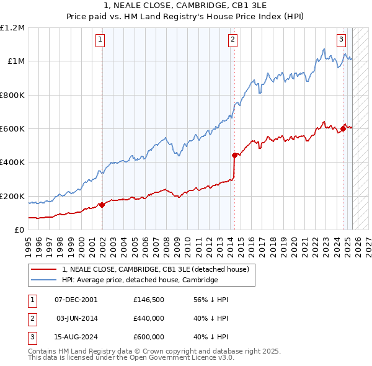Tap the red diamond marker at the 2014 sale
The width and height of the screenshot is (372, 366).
point(234,155)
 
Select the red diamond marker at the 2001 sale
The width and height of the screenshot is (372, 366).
point(102,205)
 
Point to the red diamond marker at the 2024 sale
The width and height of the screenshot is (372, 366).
point(343,129)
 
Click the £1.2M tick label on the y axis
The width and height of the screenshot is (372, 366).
point(12,27)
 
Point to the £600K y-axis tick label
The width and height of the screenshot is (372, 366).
point(12,128)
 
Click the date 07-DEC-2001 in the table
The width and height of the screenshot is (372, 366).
point(76,300)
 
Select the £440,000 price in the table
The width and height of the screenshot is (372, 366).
point(149,318)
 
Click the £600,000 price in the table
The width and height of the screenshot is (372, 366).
point(149,337)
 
